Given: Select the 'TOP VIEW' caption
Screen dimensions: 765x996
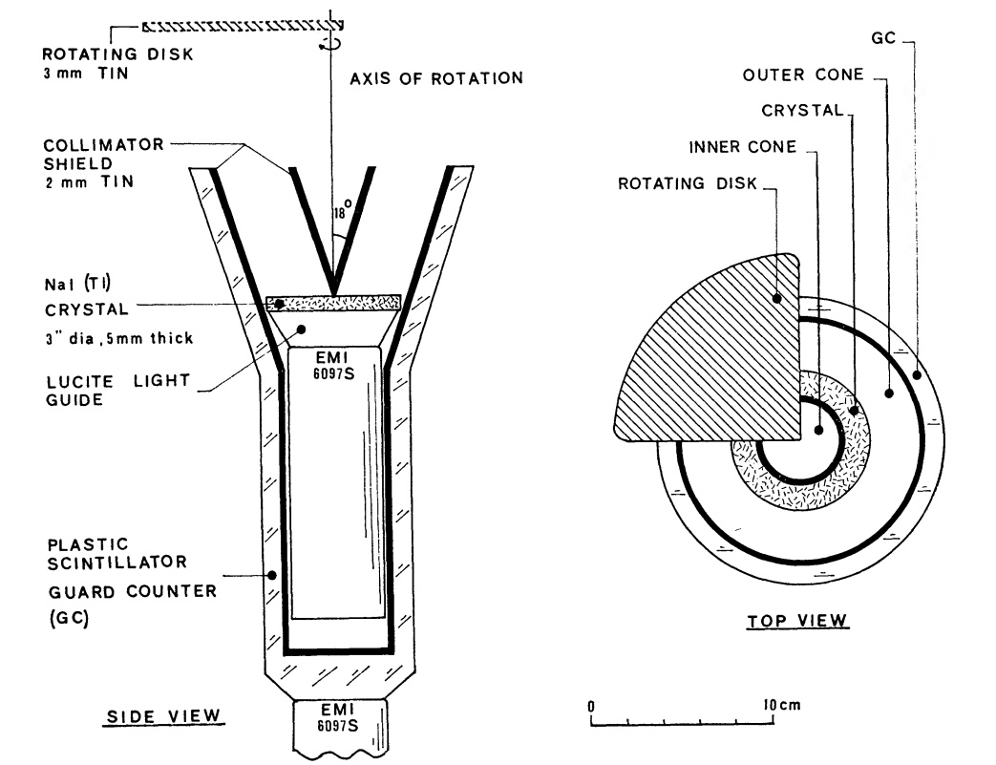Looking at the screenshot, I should (x=796, y=622).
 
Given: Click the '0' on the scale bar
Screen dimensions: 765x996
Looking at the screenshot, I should (x=592, y=706).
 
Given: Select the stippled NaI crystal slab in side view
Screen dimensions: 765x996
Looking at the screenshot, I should (x=334, y=303).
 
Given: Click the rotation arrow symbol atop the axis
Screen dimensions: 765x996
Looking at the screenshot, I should (x=332, y=44).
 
